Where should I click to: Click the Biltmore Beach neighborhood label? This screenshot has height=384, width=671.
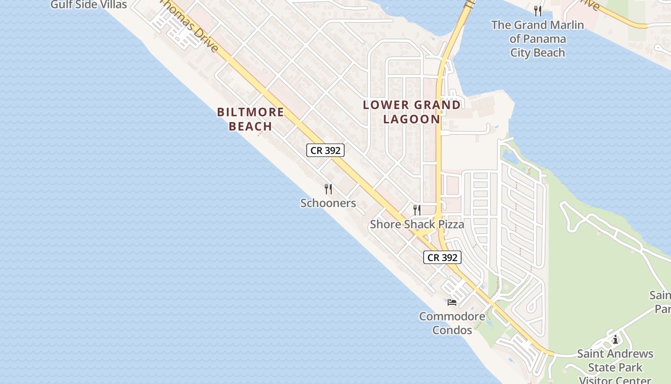tap(250, 119)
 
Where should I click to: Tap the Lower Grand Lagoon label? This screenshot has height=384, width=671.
tap(412, 112)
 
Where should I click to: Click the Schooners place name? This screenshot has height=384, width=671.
tap(328, 203)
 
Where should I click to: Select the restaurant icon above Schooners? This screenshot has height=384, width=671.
tap(328, 189)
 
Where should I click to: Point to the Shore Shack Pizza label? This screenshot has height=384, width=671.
tap(416, 224)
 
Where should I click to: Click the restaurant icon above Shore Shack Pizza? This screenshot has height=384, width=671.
tap(417, 210)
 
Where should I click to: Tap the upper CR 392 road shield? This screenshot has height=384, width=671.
tap(325, 150)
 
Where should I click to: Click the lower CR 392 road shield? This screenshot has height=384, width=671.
tap(442, 257)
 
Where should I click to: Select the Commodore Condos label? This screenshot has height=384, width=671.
tap(452, 323)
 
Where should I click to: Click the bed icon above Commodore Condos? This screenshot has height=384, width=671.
tap(452, 302)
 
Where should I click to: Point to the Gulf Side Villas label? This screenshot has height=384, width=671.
tap(89, 5)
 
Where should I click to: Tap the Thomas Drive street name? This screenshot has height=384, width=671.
tap(192, 26)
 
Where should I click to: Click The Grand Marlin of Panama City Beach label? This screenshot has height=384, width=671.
tap(538, 38)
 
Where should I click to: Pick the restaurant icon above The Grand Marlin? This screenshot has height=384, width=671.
tap(538, 11)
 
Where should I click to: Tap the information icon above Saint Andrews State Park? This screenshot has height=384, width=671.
tap(615, 340)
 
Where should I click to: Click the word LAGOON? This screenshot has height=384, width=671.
tap(412, 119)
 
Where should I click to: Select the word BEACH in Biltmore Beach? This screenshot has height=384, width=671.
tap(250, 127)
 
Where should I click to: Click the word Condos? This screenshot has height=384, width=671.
tap(452, 330)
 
